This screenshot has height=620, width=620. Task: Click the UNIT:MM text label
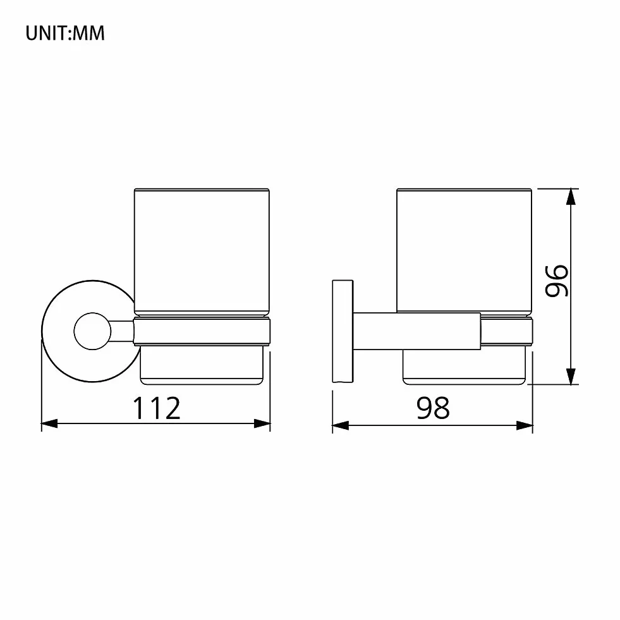[65, 33]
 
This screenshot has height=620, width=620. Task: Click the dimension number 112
[157, 408]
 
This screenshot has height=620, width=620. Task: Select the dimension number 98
[433, 408]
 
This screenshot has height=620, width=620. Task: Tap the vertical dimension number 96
[557, 281]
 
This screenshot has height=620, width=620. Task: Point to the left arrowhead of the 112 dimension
[50, 423]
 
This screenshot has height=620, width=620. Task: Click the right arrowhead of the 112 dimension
[262, 423]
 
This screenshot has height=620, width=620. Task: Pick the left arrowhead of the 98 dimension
[341, 425]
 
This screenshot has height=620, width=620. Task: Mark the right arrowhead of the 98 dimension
[525, 425]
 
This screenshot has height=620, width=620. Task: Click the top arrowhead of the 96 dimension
[571, 197]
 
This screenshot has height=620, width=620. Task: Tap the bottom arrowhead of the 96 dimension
[571, 377]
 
